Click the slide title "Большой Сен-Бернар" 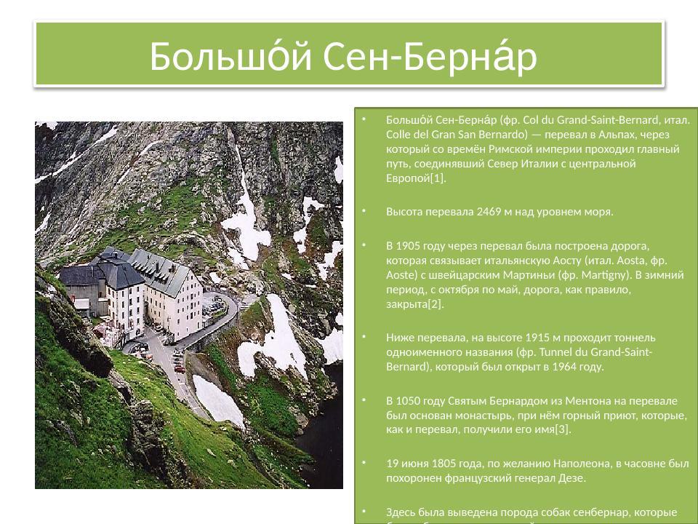click(343, 56)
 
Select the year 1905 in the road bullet click(409, 247)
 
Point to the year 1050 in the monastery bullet click(409, 401)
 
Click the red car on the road click(179, 368)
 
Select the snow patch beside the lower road click(216, 400)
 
